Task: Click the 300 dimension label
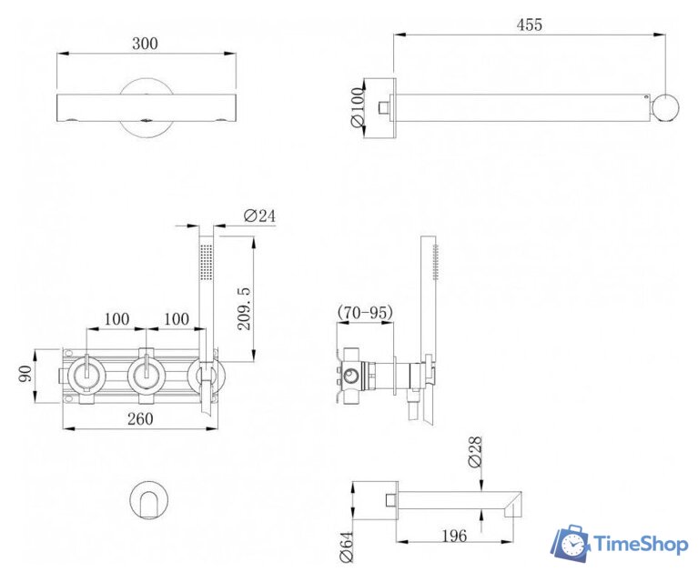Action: click(145, 44)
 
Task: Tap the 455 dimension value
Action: click(530, 25)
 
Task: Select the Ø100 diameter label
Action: click(358, 107)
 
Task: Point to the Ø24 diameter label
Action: click(260, 216)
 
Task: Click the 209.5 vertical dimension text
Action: click(244, 308)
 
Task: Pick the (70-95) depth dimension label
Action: click(366, 312)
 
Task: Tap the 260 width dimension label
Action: click(140, 418)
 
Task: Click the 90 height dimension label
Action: click(25, 374)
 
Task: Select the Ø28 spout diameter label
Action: click(475, 452)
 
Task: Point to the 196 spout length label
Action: click(454, 536)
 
